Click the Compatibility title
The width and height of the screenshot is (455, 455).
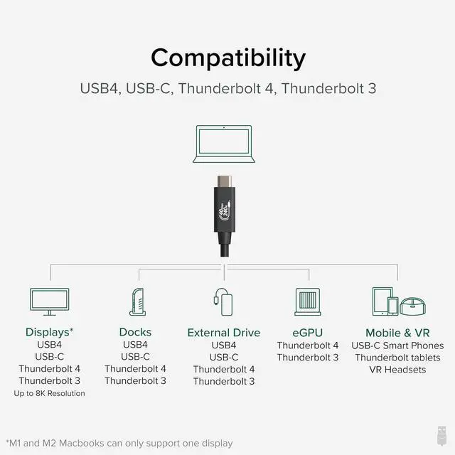click(x=228, y=58)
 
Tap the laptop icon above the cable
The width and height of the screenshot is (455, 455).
click(x=224, y=144)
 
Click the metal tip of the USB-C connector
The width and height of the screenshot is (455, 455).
click(x=225, y=181)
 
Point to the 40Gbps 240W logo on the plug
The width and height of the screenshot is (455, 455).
click(x=225, y=209)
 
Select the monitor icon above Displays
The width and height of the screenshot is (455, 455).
click(x=50, y=301)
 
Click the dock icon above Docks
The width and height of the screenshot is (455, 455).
click(x=137, y=301)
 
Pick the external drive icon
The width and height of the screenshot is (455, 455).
click(x=223, y=301)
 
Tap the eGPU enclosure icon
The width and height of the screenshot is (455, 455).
click(x=308, y=301)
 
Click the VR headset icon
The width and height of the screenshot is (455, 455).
click(x=412, y=306)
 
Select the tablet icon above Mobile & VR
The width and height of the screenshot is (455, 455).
click(x=382, y=301)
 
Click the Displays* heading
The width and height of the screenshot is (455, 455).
click(x=49, y=332)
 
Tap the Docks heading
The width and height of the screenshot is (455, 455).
click(x=135, y=332)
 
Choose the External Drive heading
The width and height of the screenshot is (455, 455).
click(x=224, y=333)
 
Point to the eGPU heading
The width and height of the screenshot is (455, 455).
click(x=308, y=333)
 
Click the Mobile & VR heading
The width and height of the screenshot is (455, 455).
click(x=397, y=333)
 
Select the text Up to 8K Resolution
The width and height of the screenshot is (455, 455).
click(x=49, y=393)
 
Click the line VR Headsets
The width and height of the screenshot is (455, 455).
click(x=397, y=370)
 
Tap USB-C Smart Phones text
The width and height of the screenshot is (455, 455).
click(x=397, y=346)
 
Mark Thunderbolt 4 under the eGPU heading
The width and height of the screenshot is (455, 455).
click(x=308, y=346)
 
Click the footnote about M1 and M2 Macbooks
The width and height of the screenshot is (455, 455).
click(x=119, y=444)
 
